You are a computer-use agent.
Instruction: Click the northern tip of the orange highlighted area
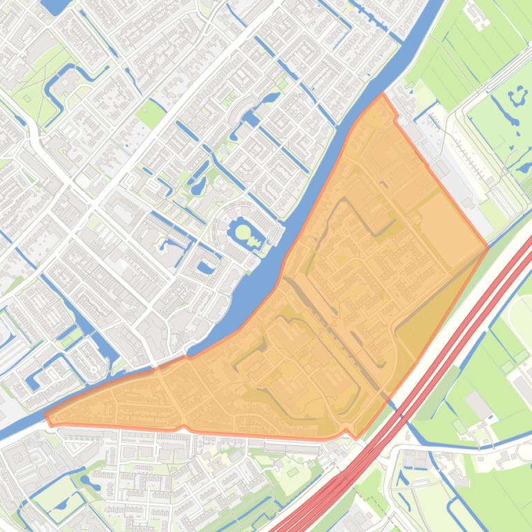point(382,95)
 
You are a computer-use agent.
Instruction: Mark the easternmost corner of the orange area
point(488,247)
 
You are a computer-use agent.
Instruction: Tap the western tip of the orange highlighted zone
point(46,417)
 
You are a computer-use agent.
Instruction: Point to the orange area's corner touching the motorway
point(357,437)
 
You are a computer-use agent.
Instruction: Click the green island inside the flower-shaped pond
point(243,230)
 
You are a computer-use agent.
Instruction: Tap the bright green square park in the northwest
point(150,113)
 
